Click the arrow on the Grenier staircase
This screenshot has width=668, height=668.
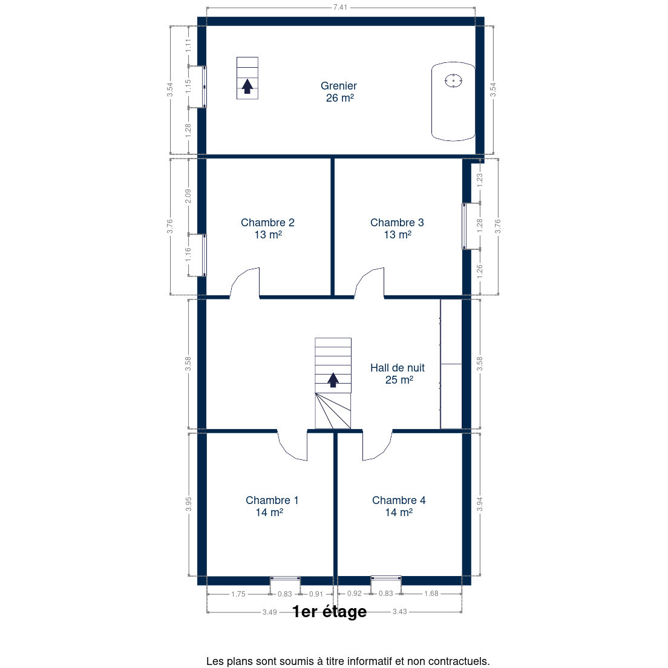247,86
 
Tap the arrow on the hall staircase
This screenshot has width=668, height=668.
333,380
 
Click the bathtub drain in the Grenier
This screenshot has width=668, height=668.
453,80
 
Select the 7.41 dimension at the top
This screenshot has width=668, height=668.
340,7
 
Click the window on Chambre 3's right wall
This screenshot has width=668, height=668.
464,226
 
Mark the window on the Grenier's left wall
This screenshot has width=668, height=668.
204,87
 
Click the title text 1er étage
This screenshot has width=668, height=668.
329,612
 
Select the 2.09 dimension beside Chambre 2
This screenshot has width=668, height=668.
188,196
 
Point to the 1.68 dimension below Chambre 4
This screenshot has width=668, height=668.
431,594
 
